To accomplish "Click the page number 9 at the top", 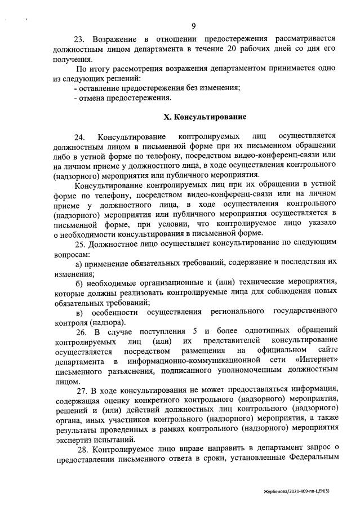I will tap(193, 26).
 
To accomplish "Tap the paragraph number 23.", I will tap(80, 39).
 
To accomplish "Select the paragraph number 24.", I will tap(80, 137).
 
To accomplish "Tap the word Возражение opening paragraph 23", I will tap(114, 39).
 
